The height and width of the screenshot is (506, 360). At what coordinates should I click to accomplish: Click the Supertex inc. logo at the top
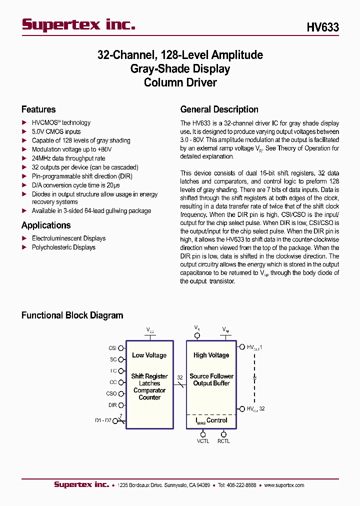78,24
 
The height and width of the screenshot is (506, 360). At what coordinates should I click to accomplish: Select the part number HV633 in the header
322,27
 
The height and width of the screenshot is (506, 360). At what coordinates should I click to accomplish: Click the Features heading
38,109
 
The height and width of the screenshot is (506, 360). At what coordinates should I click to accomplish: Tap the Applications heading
46,225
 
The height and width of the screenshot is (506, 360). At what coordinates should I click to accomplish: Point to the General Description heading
219,109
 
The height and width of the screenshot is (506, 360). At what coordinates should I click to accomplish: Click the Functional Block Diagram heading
72,315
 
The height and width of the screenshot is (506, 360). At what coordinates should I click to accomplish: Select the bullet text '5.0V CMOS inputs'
56,131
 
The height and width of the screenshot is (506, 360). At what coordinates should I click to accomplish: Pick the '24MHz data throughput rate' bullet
68,158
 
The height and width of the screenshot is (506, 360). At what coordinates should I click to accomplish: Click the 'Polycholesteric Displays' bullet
63,247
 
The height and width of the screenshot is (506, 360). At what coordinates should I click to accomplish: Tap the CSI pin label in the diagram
112,348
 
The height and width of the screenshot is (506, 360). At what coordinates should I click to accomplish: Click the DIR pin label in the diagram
112,405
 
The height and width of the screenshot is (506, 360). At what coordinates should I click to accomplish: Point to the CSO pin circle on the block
122,394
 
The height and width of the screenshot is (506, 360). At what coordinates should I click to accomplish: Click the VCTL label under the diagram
203,441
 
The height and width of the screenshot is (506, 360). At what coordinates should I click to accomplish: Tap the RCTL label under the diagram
223,441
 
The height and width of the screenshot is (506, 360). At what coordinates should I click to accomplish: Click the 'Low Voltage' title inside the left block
149,355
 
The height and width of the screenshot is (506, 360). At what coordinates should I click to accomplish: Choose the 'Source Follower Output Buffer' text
211,380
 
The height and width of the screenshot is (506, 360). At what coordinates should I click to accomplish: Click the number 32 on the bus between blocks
180,377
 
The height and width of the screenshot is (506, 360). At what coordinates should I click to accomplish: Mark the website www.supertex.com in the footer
284,485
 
